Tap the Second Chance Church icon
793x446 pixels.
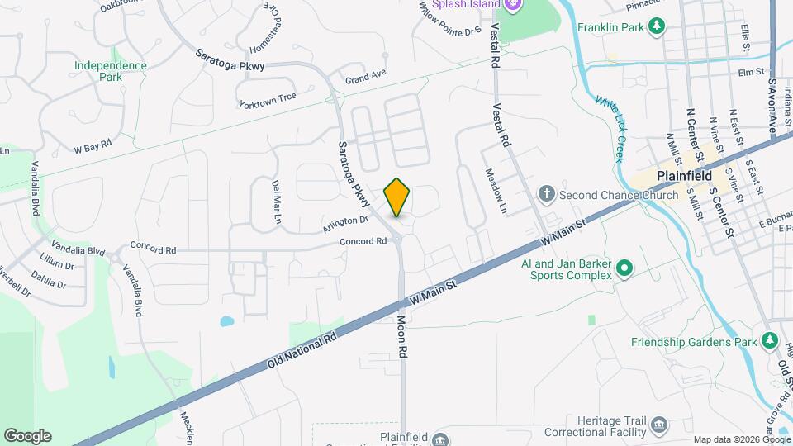click(546, 195)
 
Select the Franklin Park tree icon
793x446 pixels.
click(657, 26)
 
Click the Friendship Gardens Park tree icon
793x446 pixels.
click(770, 341)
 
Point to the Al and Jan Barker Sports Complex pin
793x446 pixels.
click(625, 268)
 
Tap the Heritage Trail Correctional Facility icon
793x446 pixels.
click(659, 425)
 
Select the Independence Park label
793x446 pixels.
click(110, 71)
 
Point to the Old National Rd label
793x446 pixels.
click(304, 349)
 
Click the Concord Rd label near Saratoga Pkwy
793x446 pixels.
click(363, 241)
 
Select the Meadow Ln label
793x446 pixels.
click(494, 191)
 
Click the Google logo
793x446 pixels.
click(27, 436)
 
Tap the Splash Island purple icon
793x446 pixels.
click(512, 4)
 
